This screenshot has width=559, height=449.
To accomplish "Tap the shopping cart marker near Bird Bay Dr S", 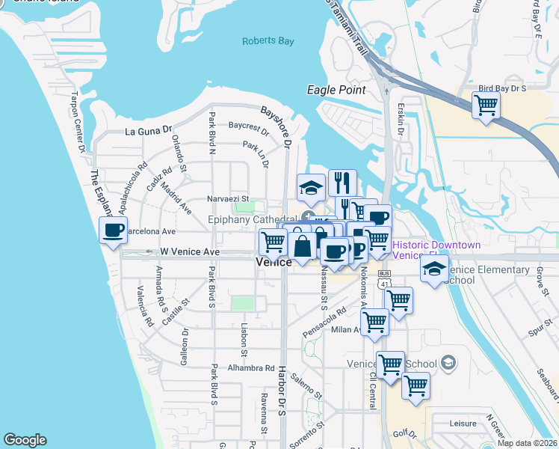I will click(x=487, y=104).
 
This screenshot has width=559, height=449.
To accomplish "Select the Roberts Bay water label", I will click(x=268, y=41).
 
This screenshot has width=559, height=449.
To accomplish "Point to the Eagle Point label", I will click(x=336, y=90).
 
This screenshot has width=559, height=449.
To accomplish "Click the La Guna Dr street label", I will click(x=149, y=131).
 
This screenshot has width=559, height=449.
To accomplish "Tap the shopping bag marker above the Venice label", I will click(x=303, y=246).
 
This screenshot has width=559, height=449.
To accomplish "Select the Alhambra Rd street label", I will click(x=252, y=368).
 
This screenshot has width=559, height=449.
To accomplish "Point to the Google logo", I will click(x=25, y=439).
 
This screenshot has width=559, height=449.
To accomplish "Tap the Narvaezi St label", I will click(x=227, y=200).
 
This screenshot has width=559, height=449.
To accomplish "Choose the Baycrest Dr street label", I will click(x=248, y=126).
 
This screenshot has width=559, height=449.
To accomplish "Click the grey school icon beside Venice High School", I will click(x=448, y=364).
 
